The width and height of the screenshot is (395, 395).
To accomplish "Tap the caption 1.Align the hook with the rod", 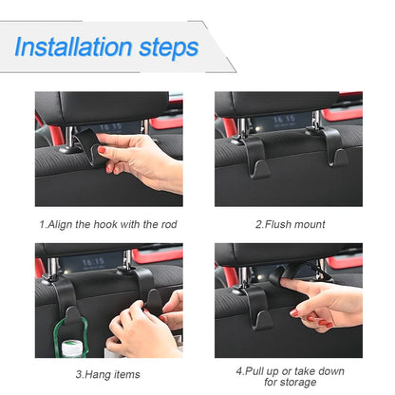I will point(109,224).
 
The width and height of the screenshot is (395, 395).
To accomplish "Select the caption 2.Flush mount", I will point(290,224).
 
